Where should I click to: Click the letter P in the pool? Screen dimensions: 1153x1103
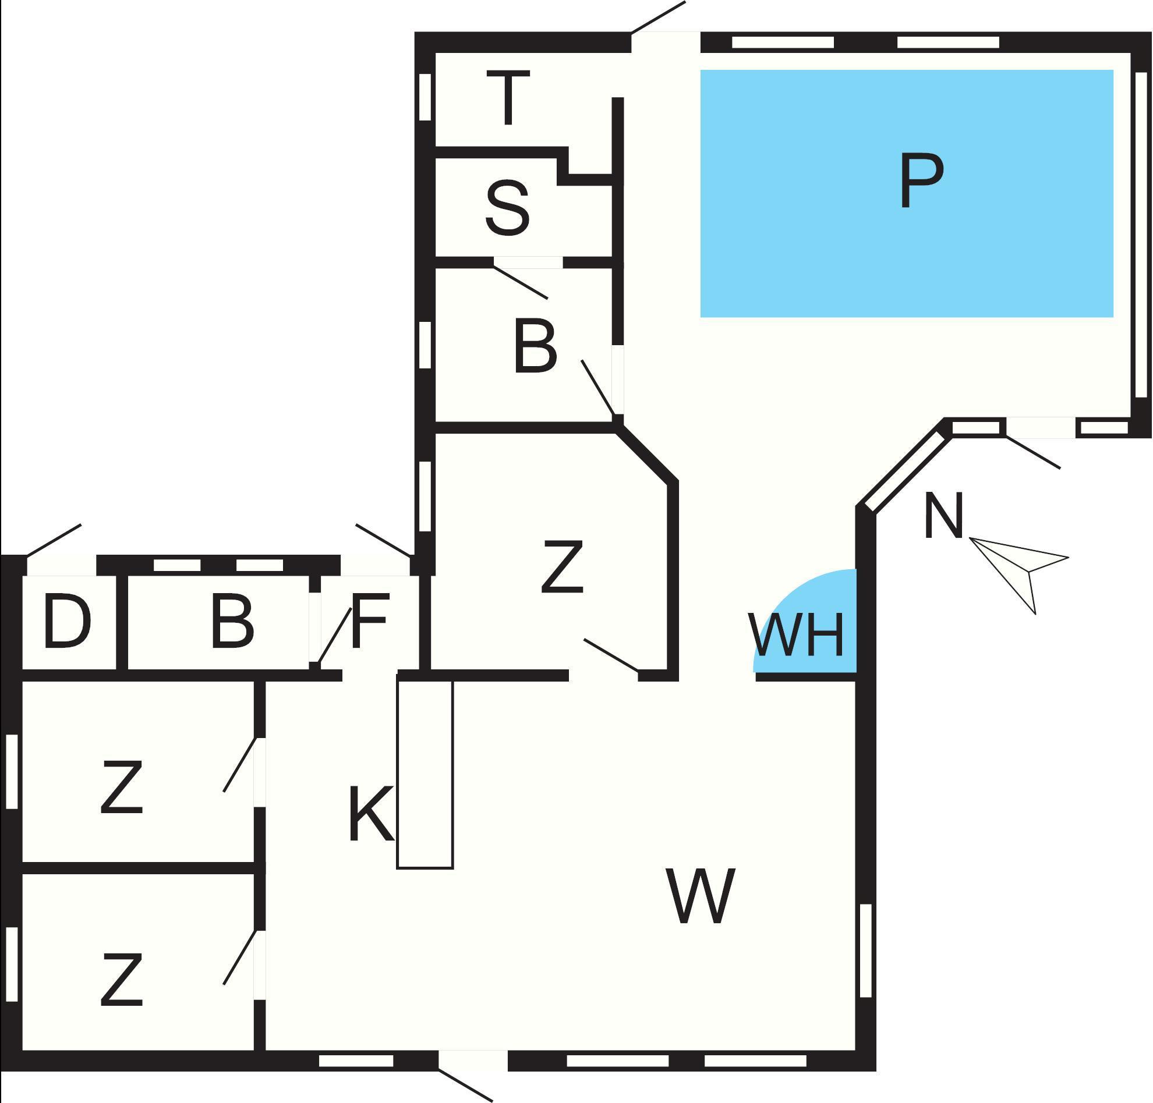pos(921,181)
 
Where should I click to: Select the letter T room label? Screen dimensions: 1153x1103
pos(508,98)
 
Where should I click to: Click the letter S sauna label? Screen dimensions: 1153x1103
pos(508,209)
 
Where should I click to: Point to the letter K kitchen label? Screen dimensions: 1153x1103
pos(370,814)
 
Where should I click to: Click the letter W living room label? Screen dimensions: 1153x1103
pos(700,896)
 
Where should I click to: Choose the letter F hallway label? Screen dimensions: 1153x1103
pos(369,621)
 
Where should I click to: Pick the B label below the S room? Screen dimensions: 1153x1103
pos(535,347)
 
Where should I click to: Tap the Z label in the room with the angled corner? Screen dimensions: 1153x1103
pos(563,566)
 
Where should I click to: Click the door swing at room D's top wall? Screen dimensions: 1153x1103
pos(54,541)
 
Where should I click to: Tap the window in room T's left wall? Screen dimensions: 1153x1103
pos(425,97)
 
